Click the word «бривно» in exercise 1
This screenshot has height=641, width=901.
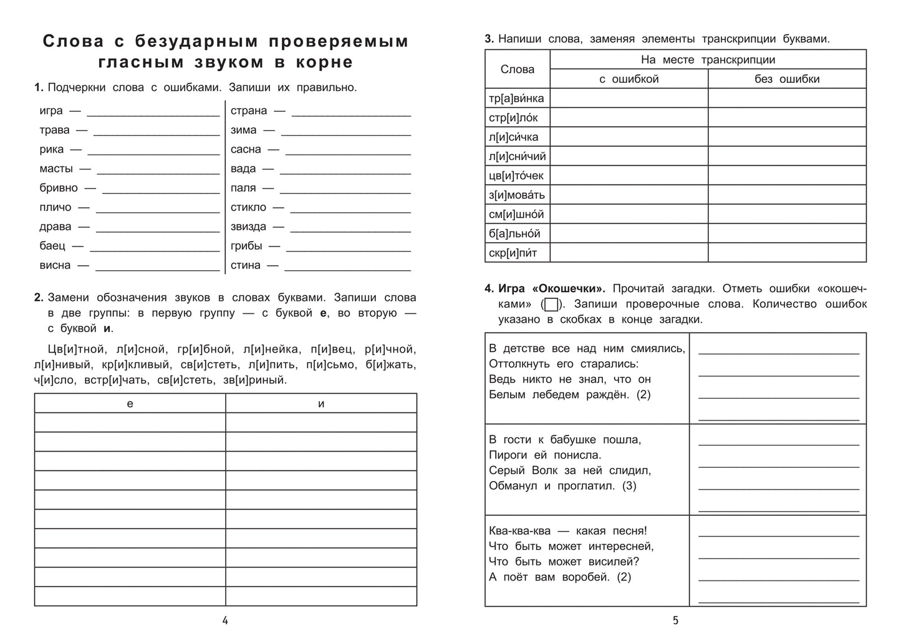point(58,188)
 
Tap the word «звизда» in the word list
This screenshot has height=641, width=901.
point(248,227)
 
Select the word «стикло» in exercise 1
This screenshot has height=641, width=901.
point(248,207)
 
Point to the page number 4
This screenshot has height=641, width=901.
point(225,620)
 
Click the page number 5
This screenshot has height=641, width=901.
point(675,620)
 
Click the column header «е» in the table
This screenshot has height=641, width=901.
point(130,404)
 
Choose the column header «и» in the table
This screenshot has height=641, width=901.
point(321,404)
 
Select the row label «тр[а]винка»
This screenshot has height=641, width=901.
point(516,98)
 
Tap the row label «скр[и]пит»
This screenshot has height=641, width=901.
point(513,253)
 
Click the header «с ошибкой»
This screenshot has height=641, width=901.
point(629,79)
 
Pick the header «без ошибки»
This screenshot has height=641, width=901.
point(787,79)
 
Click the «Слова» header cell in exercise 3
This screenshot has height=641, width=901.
point(517,69)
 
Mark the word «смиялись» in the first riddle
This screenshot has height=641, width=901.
point(660,349)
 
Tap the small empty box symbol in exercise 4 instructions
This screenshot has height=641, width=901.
point(551,305)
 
